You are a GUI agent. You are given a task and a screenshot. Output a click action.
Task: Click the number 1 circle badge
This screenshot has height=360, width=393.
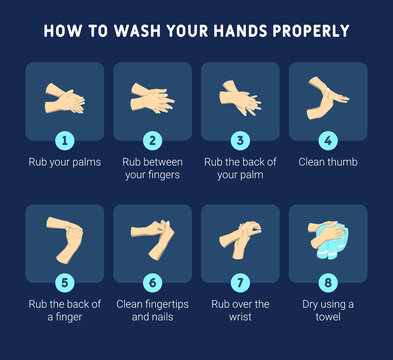pyautogui.click(x=65, y=141)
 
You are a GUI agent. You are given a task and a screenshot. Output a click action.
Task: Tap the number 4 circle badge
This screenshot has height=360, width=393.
pyautogui.click(x=328, y=141)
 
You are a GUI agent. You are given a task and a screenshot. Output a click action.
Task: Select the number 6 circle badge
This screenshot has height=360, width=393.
pyautogui.click(x=152, y=283)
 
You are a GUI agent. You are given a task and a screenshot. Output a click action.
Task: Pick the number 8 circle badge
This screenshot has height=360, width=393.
pyautogui.click(x=328, y=283)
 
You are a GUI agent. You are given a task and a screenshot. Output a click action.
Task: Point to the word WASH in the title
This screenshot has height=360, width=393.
pyautogui.click(x=132, y=31)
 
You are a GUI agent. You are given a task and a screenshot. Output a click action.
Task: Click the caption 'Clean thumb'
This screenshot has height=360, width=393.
pyautogui.click(x=328, y=161)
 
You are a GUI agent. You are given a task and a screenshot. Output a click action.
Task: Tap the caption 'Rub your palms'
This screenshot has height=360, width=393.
pyautogui.click(x=65, y=161)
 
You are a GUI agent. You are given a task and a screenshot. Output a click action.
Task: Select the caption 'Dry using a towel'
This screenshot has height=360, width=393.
pyautogui.click(x=328, y=310)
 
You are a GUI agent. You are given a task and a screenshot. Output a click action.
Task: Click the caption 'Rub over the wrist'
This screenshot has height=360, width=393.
pyautogui.click(x=240, y=310)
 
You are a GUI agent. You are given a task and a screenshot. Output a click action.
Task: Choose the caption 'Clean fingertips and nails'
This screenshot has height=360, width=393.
pyautogui.click(x=152, y=310)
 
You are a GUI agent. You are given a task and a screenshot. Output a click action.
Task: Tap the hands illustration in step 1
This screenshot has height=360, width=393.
pyautogui.click(x=65, y=99)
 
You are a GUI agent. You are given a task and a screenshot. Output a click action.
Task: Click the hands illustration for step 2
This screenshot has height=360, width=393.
pyautogui.click(x=152, y=98)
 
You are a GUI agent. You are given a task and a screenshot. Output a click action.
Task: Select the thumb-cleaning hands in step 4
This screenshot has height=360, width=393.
pyautogui.click(x=327, y=96)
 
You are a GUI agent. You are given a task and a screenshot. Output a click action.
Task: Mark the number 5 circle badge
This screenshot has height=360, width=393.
pyautogui.click(x=65, y=283)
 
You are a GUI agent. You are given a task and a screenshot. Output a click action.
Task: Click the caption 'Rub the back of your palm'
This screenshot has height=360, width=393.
pyautogui.click(x=240, y=168)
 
